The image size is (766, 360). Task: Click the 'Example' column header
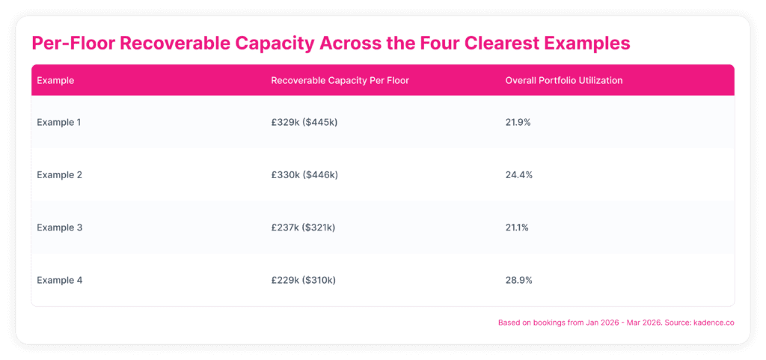point(55,81)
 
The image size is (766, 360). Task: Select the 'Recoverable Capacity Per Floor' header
point(340,81)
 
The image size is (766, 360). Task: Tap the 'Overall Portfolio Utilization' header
point(564,81)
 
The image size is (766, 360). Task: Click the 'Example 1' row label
point(58,122)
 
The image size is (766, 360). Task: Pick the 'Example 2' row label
point(60,175)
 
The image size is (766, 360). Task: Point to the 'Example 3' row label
point(60,228)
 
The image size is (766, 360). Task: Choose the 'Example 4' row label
point(60,281)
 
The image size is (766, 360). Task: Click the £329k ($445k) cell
point(304,122)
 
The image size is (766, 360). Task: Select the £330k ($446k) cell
point(304,175)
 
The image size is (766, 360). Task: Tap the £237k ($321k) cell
point(303,228)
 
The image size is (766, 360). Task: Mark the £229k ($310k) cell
point(304,281)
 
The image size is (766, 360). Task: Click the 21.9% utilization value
point(518,122)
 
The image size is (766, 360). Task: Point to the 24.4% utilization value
point(519,175)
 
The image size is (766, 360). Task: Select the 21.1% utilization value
point(517,228)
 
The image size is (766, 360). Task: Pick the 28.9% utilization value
point(519,281)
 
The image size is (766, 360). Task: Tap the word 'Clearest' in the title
point(509,43)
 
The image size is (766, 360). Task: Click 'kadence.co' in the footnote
point(714,323)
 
